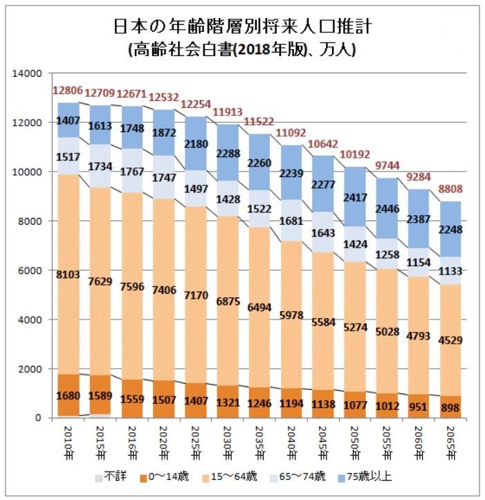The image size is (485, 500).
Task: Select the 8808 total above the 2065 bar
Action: (456, 188)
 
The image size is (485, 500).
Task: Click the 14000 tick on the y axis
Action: (28, 73)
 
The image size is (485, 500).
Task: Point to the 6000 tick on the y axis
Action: (30, 270)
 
